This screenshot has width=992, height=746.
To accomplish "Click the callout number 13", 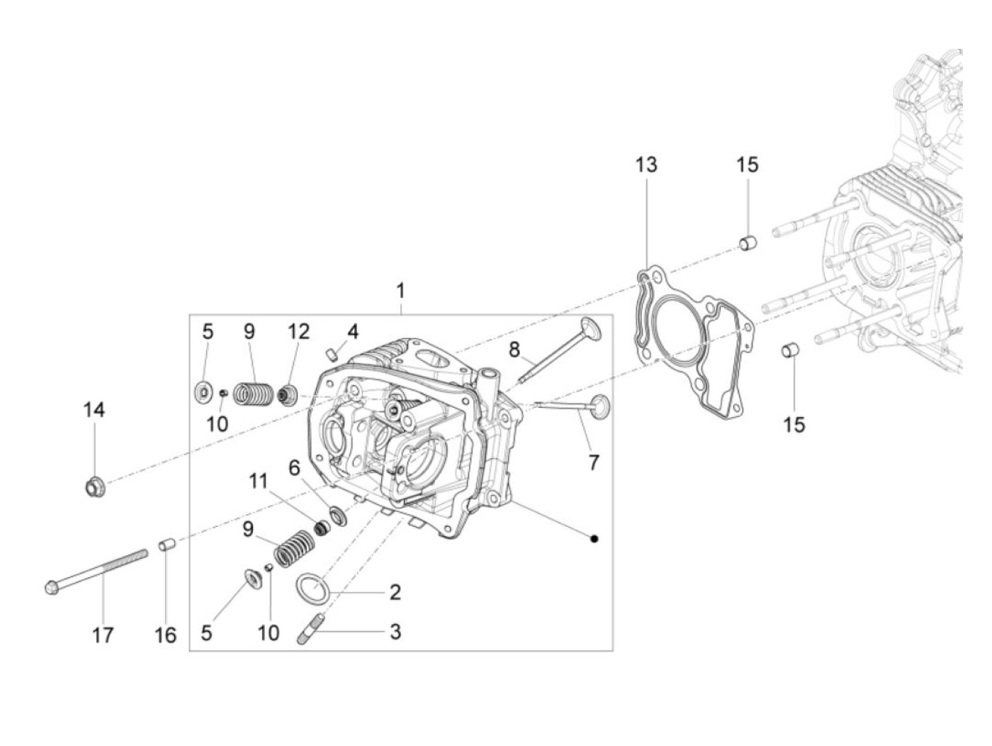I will pyautogui.click(x=646, y=165).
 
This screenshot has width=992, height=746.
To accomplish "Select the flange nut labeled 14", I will pyautogui.click(x=93, y=487).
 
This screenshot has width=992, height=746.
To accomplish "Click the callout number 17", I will pyautogui.click(x=103, y=634).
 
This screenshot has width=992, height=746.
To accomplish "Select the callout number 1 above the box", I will pyautogui.click(x=400, y=291).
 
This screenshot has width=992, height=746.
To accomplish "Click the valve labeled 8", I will pyautogui.click(x=560, y=350).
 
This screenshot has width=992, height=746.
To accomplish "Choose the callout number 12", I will pyautogui.click(x=298, y=331).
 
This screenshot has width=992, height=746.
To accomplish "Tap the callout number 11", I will pyautogui.click(x=258, y=481).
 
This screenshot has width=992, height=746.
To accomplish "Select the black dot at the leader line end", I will pyautogui.click(x=594, y=539).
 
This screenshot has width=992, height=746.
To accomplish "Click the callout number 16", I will pyautogui.click(x=165, y=634).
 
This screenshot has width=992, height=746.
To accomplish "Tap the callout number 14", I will pyautogui.click(x=94, y=410).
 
